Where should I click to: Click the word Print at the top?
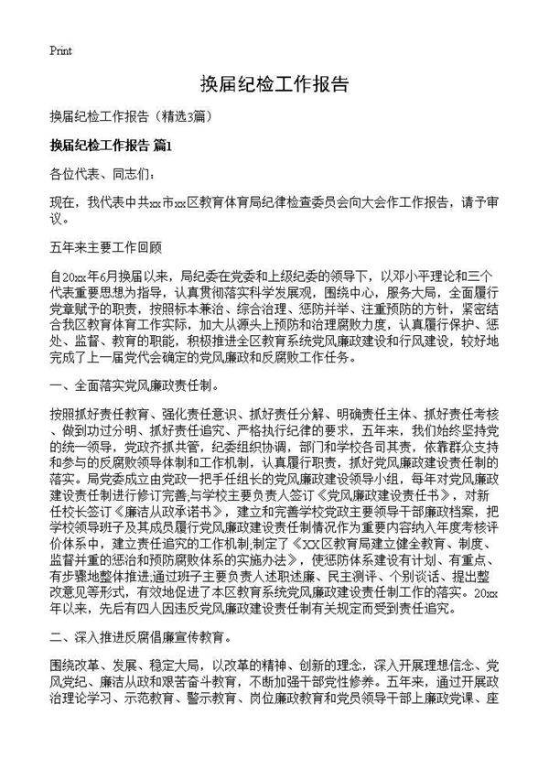tap(60, 49)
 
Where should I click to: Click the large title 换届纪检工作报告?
tap(274, 85)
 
